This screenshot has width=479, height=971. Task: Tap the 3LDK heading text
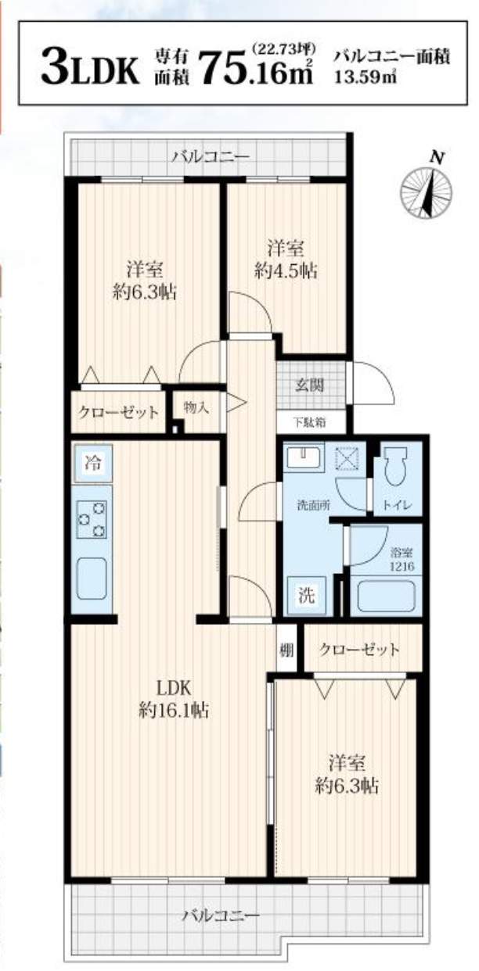click(x=90, y=66)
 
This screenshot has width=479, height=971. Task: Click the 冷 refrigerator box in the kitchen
click(x=93, y=463)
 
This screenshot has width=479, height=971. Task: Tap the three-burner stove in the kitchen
click(x=92, y=518)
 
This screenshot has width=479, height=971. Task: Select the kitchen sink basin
click(x=92, y=578)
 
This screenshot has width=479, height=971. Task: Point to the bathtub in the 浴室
click(x=385, y=596)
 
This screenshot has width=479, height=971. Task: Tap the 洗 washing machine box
click(x=307, y=596)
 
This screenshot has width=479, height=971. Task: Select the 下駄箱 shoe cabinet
click(x=312, y=421)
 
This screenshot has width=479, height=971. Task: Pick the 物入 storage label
click(x=196, y=407)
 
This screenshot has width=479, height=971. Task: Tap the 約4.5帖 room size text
click(x=286, y=271)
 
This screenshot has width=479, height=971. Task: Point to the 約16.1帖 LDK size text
click(x=174, y=711)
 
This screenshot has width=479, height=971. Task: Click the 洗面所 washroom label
click(x=314, y=504)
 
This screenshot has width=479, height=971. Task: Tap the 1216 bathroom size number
click(x=402, y=565)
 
